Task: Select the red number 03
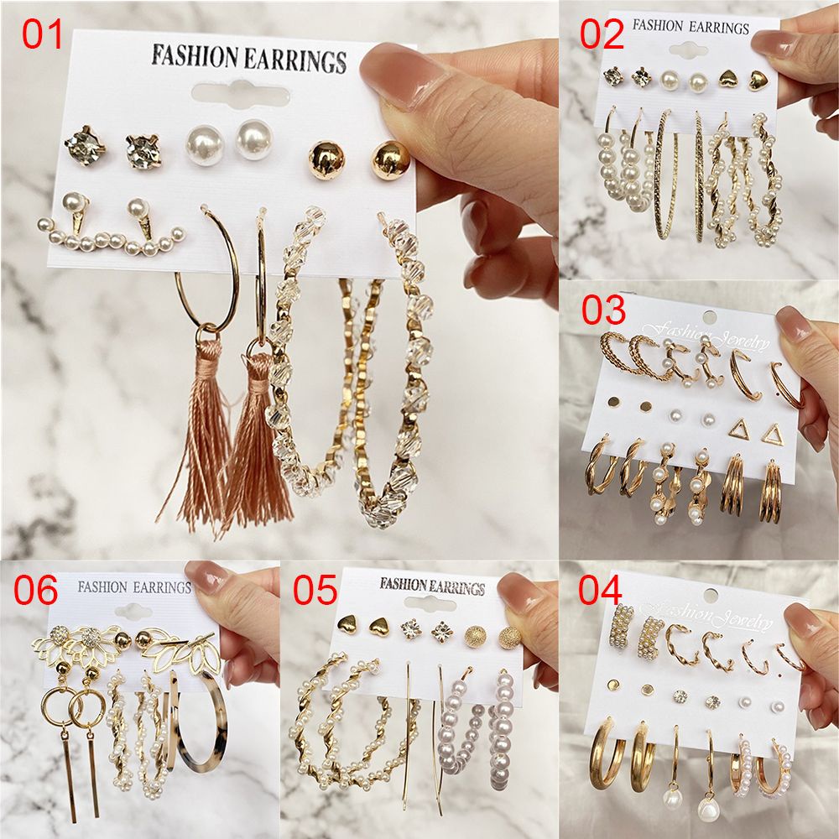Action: click(603, 310)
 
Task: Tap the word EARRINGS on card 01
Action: click(299, 60)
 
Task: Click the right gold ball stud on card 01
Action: click(391, 157)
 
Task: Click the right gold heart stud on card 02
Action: click(759, 81)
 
